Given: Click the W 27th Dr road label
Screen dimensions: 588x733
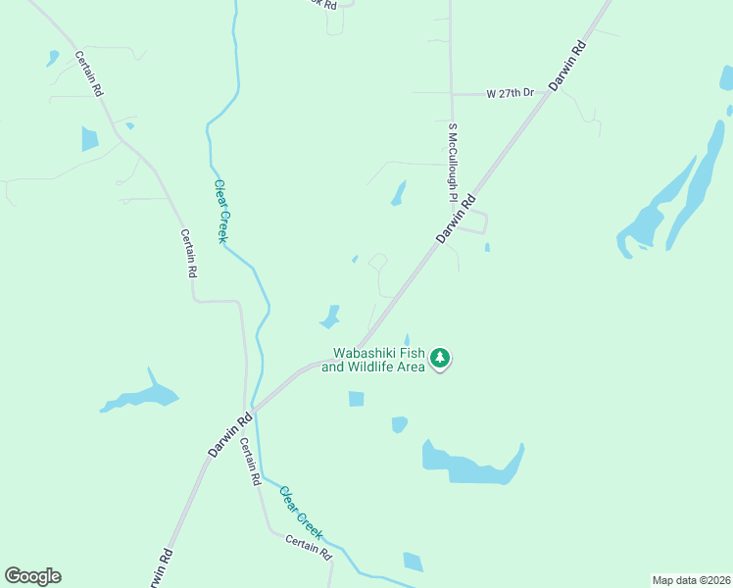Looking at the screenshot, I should click(510, 93).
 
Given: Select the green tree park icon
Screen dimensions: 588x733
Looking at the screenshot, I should click(441, 358).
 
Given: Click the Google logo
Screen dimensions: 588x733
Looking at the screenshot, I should click(32, 576).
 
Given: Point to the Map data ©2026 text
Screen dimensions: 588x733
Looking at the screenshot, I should click(691, 580).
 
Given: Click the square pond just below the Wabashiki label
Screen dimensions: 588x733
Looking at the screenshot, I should click(356, 399).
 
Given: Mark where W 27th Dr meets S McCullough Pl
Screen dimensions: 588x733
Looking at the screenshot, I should click(451, 94).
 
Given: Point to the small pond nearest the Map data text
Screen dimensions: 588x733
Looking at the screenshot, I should click(413, 562).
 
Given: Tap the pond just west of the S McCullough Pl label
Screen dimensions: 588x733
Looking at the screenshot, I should click(398, 194).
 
